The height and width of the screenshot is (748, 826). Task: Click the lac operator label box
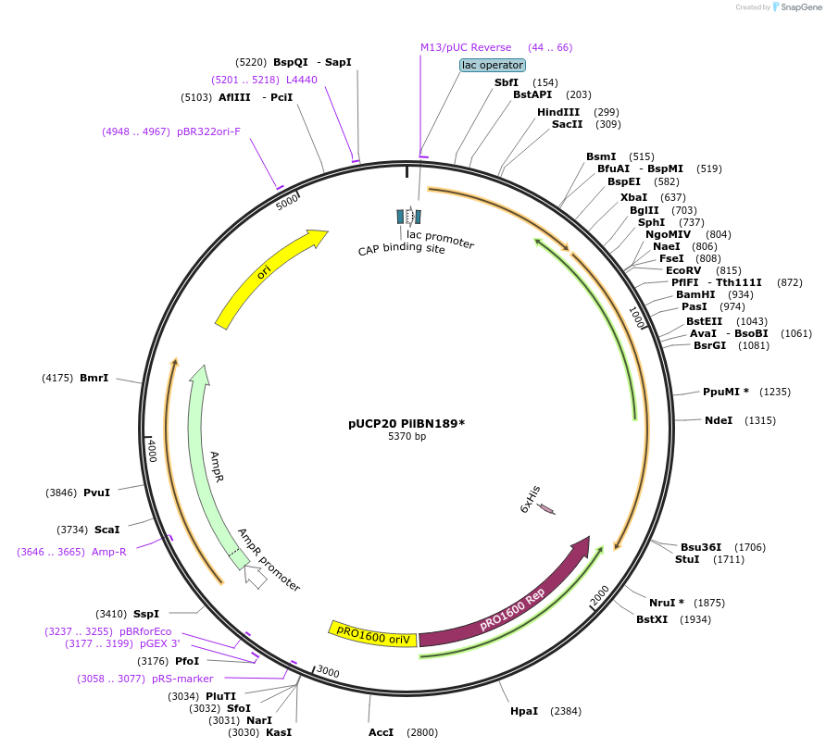[x=493, y=65]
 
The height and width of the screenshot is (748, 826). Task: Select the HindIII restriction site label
[x=558, y=112]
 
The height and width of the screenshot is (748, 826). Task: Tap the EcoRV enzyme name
[x=683, y=270]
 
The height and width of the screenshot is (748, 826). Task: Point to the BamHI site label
[x=695, y=294]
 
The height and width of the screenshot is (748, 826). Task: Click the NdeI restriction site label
[x=719, y=420]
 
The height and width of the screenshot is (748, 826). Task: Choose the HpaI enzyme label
[x=524, y=711]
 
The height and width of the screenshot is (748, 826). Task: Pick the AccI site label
[x=381, y=732]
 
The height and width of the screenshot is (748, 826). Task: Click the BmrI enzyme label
[x=94, y=378]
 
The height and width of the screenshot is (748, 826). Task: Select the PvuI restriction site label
[x=96, y=492]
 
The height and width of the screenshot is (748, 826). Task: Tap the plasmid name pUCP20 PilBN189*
[x=407, y=424]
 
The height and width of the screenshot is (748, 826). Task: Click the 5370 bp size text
[x=407, y=437]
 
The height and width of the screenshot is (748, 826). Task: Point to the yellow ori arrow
[x=269, y=277]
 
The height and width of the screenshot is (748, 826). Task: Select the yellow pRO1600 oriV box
[x=373, y=631]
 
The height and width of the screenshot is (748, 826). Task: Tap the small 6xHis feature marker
[x=546, y=509]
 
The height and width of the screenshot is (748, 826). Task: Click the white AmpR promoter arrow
[x=256, y=577]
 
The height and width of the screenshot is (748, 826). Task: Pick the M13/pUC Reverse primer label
[x=466, y=47]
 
